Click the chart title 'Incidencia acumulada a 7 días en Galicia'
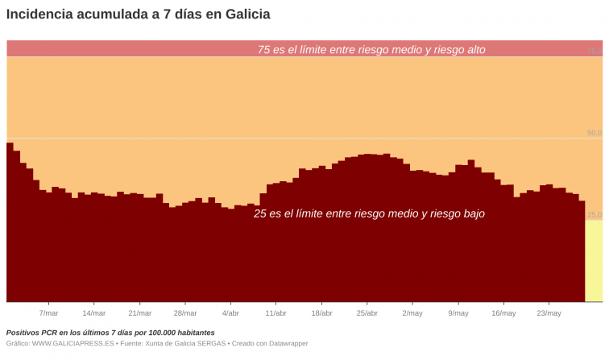[138, 14]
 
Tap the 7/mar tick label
[48, 313]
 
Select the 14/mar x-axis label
[94, 313]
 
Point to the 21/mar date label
[139, 313]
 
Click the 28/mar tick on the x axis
[185, 313]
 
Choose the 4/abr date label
[230, 313]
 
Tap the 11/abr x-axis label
[275, 313]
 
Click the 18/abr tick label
[321, 313]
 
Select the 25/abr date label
[367, 313]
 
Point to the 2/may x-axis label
[412, 313]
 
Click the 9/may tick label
[458, 313]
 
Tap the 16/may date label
[503, 313]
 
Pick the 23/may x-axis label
[549, 313]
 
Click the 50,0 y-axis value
[594, 133]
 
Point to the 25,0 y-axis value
[594, 215]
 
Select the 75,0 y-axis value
[594, 51]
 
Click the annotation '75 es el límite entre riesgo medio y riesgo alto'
[371, 50]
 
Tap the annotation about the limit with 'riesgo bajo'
[369, 214]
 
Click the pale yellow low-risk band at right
[593, 262]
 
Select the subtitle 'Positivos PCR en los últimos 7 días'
[110, 333]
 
